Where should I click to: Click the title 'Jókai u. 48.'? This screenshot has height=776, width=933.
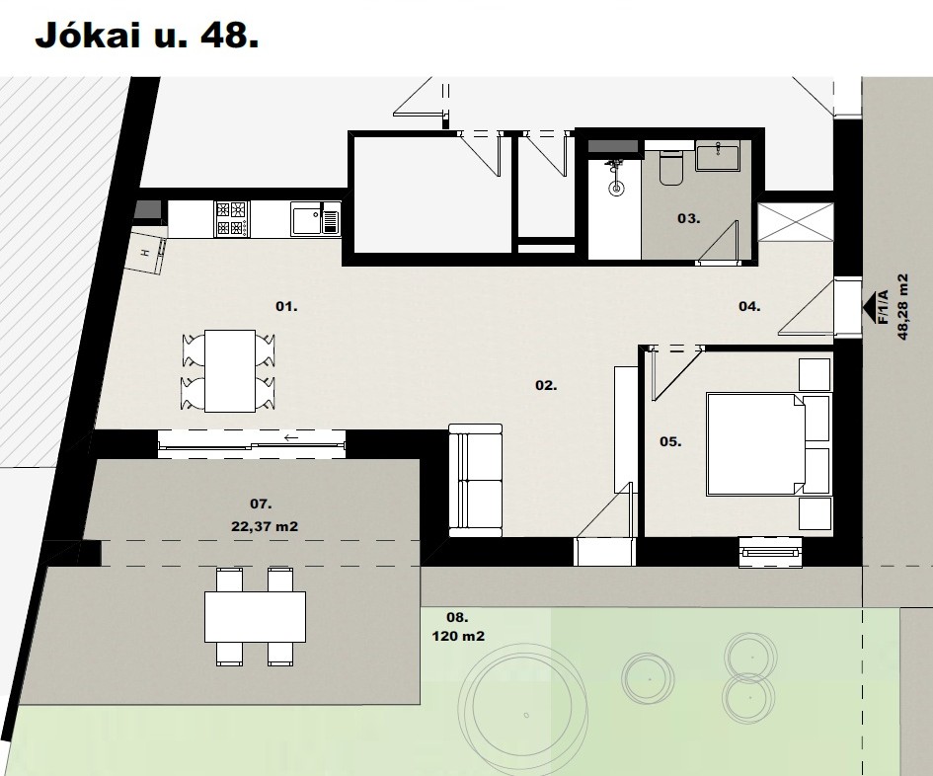pos(146,37)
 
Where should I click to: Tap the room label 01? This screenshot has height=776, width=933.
pos(286,306)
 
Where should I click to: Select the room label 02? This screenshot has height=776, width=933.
pos(546,386)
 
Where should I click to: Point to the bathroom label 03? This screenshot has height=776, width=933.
pos(688,218)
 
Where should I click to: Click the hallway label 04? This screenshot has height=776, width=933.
pos(749,306)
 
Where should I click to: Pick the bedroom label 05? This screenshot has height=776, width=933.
pos(670,441)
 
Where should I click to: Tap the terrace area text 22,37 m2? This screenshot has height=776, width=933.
pos(265,526)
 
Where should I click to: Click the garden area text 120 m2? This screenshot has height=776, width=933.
pos(458,636)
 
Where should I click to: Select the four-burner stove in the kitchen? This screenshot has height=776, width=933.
pos(231,219)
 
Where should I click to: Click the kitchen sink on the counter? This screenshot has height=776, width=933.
pos(315,219)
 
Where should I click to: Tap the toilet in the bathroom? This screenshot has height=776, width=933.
pos(671,166)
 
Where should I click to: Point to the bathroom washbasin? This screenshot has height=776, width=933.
pos(718,156)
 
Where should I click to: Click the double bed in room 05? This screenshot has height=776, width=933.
pos(755,444)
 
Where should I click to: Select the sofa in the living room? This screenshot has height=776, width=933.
pos(476,480)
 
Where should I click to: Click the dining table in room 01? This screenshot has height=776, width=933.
pos(230,371)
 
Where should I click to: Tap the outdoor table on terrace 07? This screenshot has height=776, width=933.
pos(256,616)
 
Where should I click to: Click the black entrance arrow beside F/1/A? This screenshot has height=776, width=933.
pos(869,306)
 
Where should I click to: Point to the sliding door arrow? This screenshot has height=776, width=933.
pos(291,438)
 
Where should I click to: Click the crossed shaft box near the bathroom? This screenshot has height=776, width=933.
pos(796,221)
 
